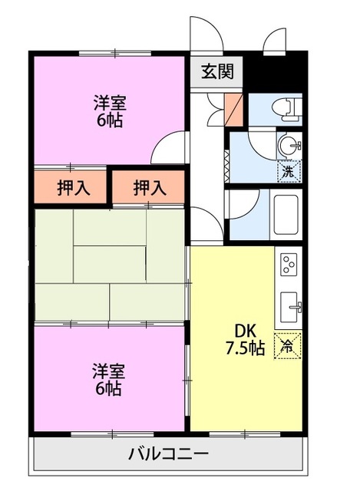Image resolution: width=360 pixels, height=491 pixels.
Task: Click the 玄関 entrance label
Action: pos(217,71)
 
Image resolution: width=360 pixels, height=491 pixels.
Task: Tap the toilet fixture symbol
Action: pos(287,109)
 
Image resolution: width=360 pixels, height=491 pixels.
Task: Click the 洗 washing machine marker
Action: pos(289,171)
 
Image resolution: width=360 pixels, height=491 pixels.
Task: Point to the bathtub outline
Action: pos(286,215)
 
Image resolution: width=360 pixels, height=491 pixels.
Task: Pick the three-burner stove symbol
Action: pos(289,265)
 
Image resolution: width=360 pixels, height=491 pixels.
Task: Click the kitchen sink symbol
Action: pos(290,307)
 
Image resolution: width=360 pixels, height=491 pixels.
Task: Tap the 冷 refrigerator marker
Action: pos(288,345)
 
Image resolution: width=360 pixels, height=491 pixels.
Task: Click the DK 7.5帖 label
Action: pos(246,339)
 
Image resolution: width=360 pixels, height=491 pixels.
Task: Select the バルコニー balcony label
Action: pos(169,453)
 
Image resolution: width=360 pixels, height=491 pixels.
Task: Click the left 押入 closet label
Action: pos(74,188)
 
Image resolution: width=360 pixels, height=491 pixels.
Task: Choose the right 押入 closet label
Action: pos(150,187)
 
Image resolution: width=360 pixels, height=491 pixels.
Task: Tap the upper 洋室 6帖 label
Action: pos(109,111)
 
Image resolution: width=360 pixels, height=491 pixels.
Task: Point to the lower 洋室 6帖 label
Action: pos(108,380)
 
